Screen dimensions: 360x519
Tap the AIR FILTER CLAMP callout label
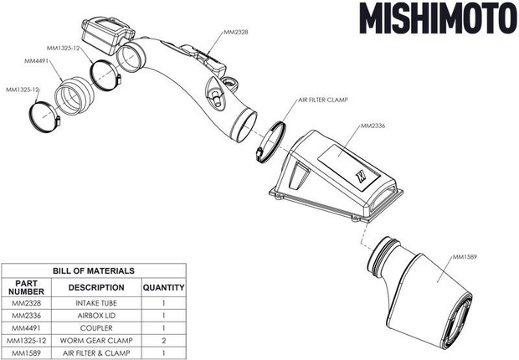323,99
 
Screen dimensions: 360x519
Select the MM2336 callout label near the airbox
373,127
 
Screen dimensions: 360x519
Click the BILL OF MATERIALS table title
94,271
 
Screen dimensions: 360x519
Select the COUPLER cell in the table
96,329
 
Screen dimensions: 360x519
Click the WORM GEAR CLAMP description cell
96,342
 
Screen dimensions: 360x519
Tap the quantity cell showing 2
163,342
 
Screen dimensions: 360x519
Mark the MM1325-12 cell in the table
26,342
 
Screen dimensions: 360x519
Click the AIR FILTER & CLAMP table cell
96,355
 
